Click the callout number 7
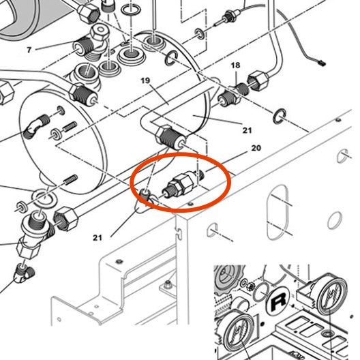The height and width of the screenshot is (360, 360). pos(29,50)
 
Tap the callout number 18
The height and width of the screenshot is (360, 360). pos(236,65)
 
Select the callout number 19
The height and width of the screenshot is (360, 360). pos(145,80)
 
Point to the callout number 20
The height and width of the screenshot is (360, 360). pos(256,148)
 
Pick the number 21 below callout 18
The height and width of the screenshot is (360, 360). pos(246,130)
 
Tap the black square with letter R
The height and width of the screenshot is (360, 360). pos(278,301)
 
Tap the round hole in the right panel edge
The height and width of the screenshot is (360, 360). pos(335,220)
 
